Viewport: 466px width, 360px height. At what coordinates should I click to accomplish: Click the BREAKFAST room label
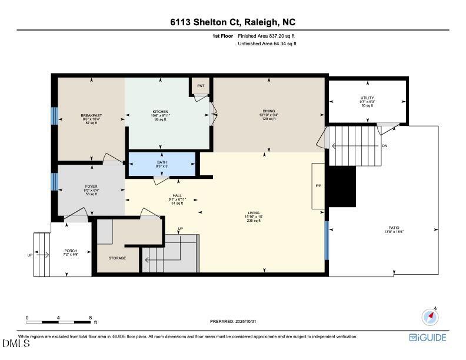[x=91, y=115]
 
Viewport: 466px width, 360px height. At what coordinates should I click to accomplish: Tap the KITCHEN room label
[x=161, y=112]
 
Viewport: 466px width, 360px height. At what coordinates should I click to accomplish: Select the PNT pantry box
[x=201, y=86]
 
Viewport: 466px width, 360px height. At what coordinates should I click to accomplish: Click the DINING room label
[x=269, y=111]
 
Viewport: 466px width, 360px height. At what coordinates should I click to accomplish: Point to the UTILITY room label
[x=367, y=98]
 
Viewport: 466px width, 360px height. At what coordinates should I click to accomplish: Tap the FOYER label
[x=91, y=186]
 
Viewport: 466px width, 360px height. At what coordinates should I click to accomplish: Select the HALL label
[x=176, y=195]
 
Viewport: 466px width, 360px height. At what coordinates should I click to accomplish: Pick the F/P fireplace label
[x=318, y=186]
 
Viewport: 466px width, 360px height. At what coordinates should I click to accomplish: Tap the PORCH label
[x=71, y=251]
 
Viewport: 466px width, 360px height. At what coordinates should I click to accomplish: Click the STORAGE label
[x=117, y=258]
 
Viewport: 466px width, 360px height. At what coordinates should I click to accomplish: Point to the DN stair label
[x=384, y=145]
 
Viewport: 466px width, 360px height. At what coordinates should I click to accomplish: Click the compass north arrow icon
[x=430, y=317]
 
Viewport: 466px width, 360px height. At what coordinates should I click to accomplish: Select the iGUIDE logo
[x=428, y=337]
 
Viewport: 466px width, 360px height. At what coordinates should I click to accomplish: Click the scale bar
[x=59, y=321]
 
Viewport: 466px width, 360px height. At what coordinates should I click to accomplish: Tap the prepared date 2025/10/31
[x=234, y=321]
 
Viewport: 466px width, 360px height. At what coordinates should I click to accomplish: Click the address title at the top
[x=233, y=22]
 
